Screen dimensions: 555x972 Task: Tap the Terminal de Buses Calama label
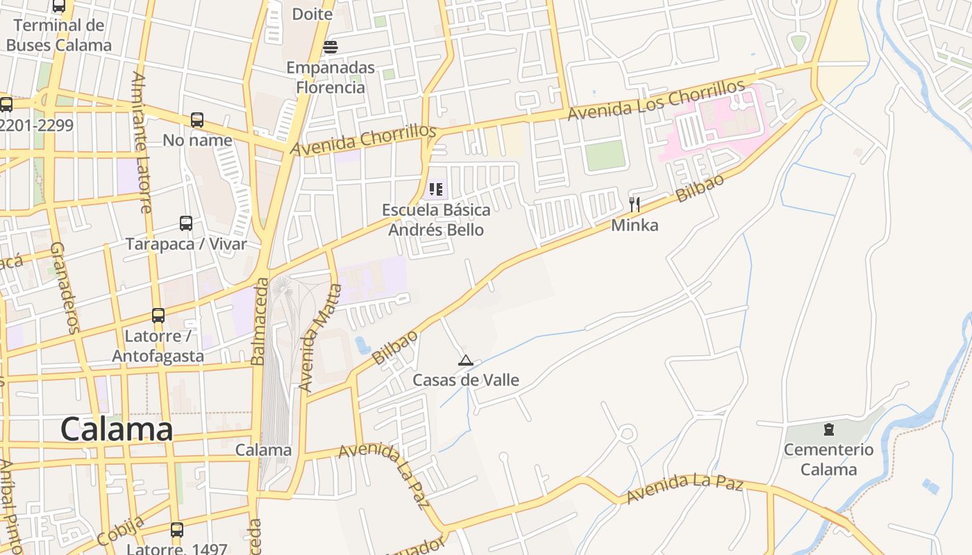click(x=59, y=35)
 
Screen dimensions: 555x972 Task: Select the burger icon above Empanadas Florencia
click(x=330, y=47)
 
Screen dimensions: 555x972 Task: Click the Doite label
click(x=312, y=14)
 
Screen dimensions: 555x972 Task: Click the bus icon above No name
click(x=197, y=120)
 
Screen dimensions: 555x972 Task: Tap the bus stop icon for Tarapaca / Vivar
click(x=186, y=223)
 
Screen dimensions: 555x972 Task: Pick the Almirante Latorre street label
click(x=141, y=142)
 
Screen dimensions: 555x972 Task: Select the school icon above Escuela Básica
click(x=436, y=189)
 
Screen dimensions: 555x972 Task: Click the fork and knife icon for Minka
click(x=634, y=204)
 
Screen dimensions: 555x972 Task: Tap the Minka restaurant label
click(x=635, y=225)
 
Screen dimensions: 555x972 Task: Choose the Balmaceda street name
click(x=260, y=321)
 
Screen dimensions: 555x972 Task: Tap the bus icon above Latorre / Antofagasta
click(x=158, y=316)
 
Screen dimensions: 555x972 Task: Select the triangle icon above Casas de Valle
click(x=466, y=360)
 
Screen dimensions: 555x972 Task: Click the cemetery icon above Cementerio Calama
click(x=828, y=429)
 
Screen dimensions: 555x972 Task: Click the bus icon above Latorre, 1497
click(x=177, y=530)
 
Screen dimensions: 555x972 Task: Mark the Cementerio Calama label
click(x=828, y=459)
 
